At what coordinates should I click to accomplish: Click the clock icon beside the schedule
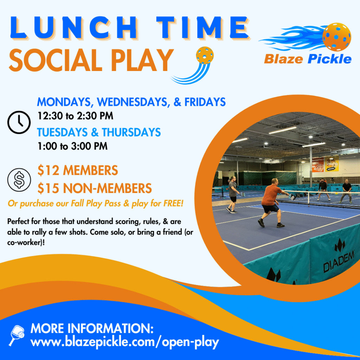19,122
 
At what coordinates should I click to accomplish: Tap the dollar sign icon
19,180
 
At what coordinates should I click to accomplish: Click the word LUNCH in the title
73,27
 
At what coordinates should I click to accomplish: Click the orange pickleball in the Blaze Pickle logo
336,37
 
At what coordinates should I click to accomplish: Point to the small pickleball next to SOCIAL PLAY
205,55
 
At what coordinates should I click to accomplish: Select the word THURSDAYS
131,132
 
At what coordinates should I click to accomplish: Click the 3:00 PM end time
89,146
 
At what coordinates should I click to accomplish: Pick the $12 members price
78,171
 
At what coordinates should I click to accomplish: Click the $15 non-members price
95,188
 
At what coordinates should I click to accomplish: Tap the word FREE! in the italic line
173,203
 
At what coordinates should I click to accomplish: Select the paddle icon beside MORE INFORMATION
17,335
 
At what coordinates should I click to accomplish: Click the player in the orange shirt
272,202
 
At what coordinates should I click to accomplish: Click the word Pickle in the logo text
329,59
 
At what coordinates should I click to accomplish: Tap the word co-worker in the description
24,243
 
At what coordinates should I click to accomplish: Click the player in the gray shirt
233,194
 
